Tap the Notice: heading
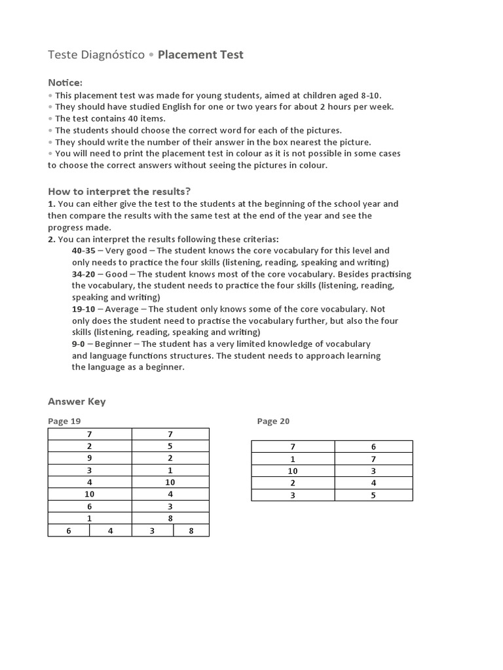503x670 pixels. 65,82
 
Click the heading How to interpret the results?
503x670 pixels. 119,191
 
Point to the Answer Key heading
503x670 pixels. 77,402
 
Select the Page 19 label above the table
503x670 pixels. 64,421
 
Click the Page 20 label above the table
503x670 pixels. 273,421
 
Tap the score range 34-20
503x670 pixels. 84,274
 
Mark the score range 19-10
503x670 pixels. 84,309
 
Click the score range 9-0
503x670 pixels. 79,344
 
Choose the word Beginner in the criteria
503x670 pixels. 115,344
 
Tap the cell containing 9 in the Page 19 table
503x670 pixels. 90,458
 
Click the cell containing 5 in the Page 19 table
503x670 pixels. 170,446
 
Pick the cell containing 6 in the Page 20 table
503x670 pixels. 373,446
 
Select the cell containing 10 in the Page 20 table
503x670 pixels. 293,470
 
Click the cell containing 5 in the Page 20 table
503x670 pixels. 373,495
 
